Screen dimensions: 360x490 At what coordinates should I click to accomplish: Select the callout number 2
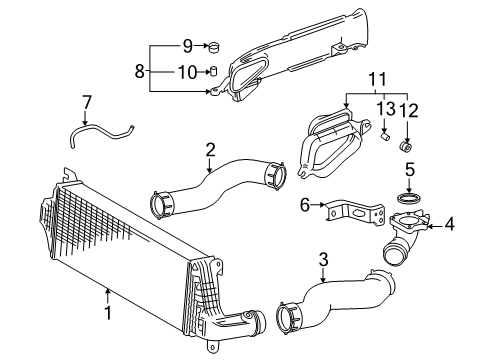click(x=210, y=150)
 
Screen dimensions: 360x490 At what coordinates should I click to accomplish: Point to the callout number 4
click(x=449, y=225)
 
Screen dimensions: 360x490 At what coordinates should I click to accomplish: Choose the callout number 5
click(x=409, y=170)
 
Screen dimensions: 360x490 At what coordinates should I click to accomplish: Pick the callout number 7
click(x=86, y=101)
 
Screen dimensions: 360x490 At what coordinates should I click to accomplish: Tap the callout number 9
click(x=187, y=45)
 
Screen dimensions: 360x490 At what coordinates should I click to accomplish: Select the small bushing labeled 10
click(x=212, y=70)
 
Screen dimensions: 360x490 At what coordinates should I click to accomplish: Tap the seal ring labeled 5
click(x=409, y=194)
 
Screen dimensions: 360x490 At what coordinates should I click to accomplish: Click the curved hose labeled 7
click(x=100, y=129)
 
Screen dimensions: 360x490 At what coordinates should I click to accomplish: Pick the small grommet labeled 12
click(x=407, y=147)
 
